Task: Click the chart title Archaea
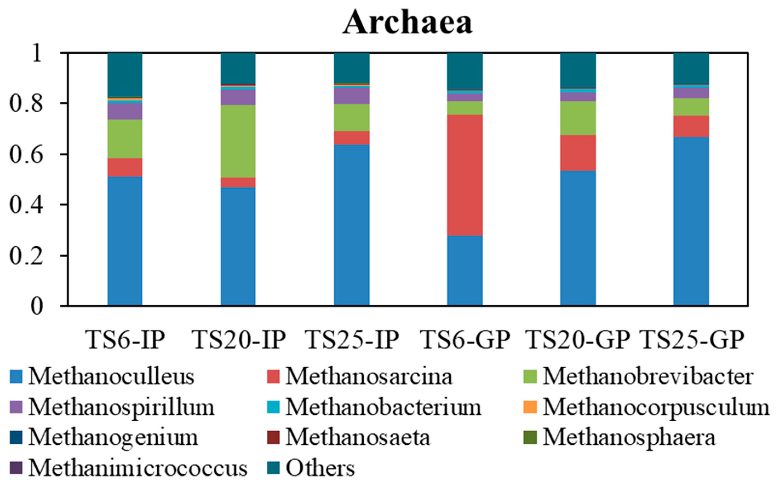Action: click(x=407, y=22)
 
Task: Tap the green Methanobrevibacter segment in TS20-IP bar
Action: click(x=238, y=141)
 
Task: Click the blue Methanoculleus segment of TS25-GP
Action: click(x=691, y=221)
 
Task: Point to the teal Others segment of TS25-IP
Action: click(x=352, y=68)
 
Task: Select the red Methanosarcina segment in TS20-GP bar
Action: click(x=578, y=153)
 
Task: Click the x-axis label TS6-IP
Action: click(x=125, y=340)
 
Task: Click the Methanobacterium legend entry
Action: click(x=383, y=407)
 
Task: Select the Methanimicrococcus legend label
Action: click(x=138, y=468)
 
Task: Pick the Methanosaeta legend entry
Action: click(x=357, y=438)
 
